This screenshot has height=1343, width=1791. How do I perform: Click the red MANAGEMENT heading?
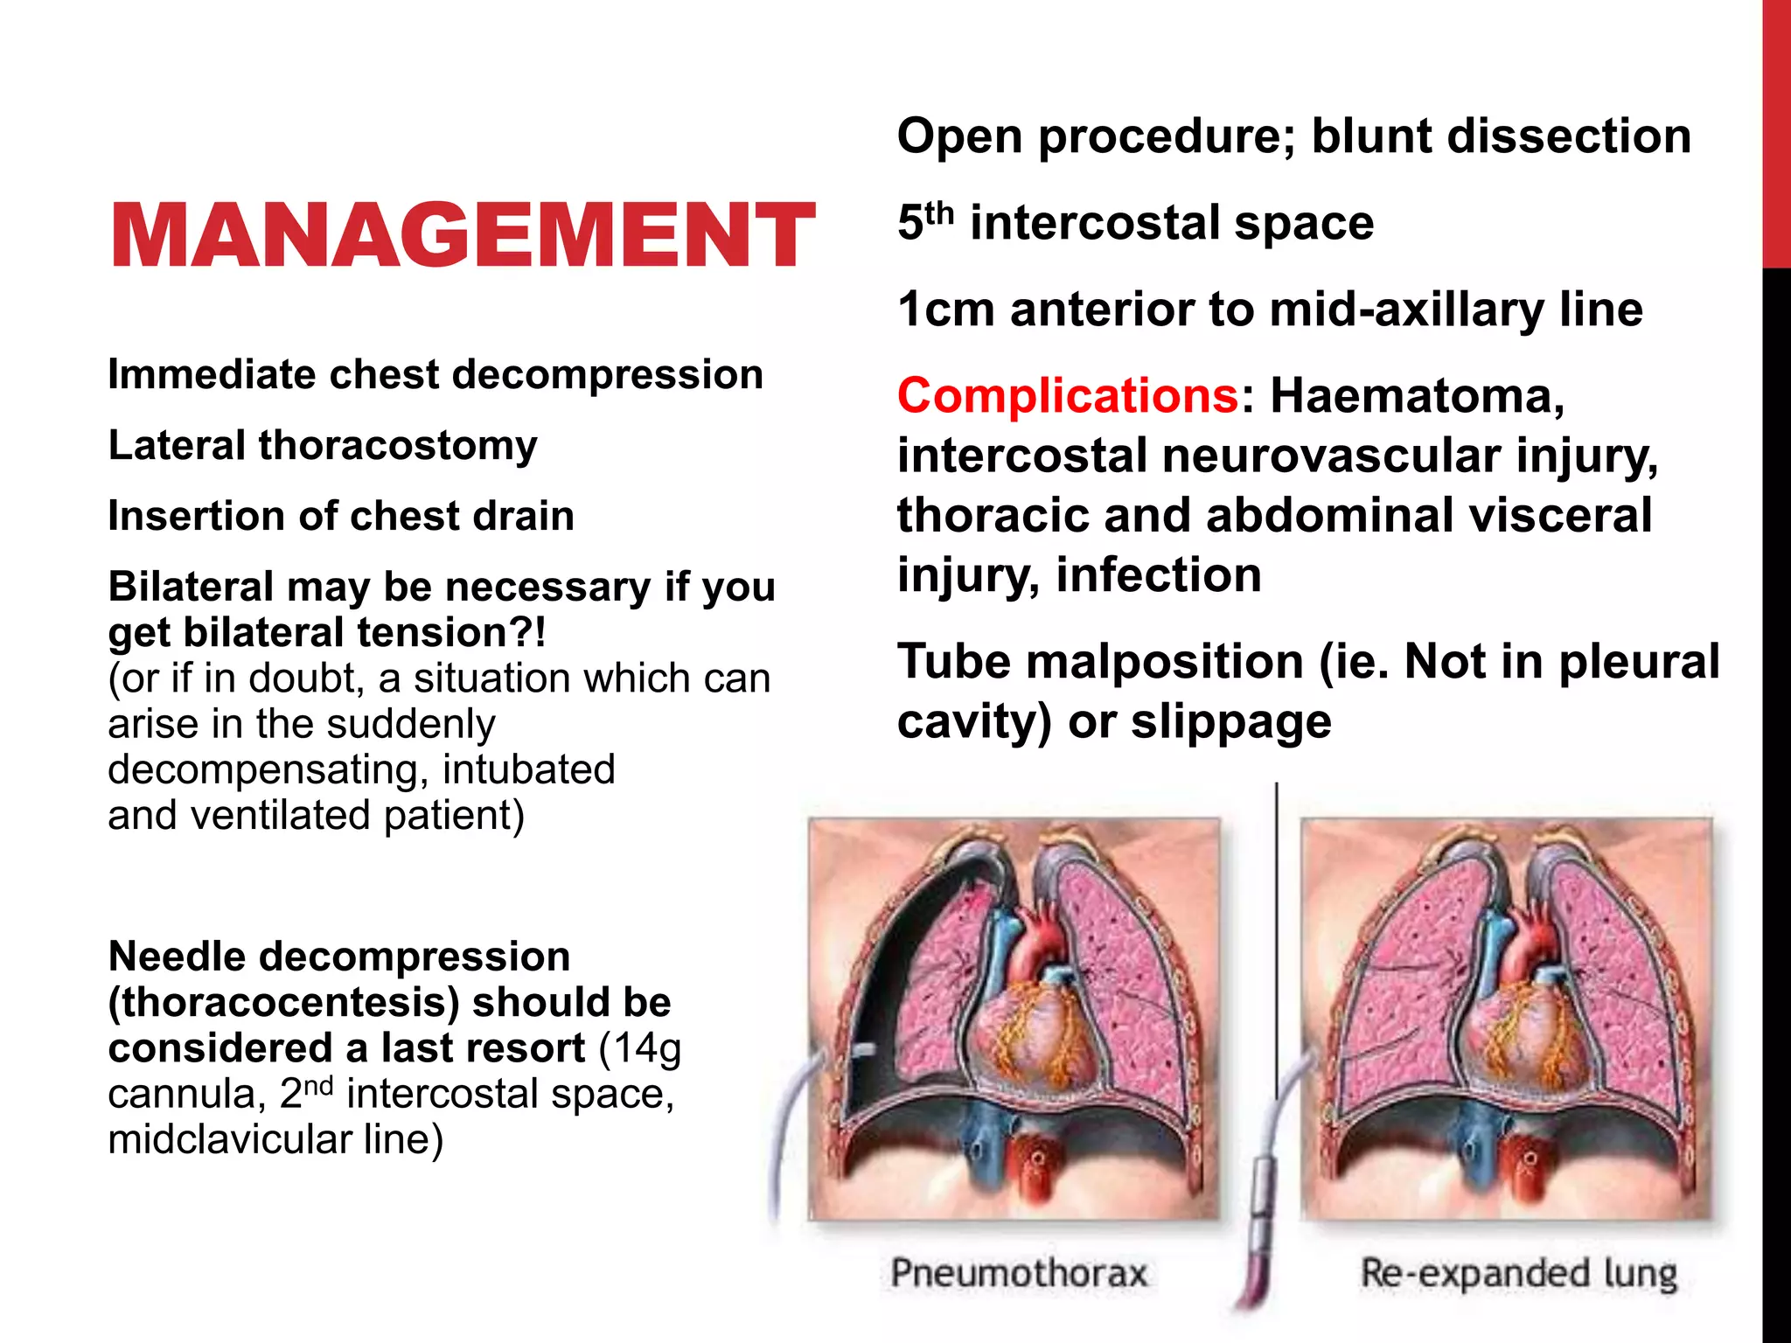coord(462,234)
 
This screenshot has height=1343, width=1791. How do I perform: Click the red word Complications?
coord(1068,396)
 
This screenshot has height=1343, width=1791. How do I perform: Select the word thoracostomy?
coord(397,446)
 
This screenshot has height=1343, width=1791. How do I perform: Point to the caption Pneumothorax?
coord(1019,1273)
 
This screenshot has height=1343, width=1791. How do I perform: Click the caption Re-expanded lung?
coord(1519,1273)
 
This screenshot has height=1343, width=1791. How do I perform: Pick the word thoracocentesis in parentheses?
coord(284,1003)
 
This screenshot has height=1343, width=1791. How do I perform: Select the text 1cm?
coord(946,310)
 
